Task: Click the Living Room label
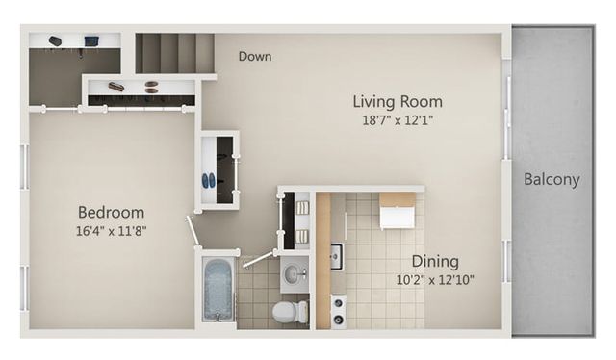pos(398,101)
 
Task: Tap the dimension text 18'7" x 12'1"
pos(398,120)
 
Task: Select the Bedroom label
pos(112,212)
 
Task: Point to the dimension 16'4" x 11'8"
pos(112,231)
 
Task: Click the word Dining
pos(435,262)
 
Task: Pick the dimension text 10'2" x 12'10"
pos(435,280)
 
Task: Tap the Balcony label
pos(552,180)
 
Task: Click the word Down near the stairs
pos(255,56)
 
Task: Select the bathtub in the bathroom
pos(218,289)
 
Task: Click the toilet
pos(291,311)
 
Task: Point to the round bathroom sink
pos(294,272)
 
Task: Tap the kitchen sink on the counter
pos(337,256)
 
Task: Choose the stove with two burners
pos(339,312)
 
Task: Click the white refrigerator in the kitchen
pos(398,211)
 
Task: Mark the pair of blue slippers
pos(209,181)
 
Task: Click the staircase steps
pos(175,53)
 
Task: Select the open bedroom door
pos(192,232)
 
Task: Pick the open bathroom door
pos(257,260)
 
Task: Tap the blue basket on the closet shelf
pos(91,40)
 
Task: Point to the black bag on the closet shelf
pos(56,40)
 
